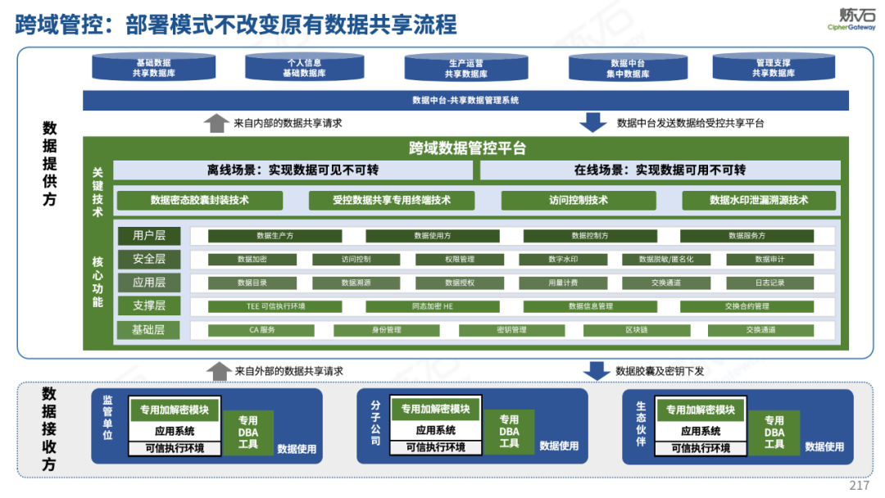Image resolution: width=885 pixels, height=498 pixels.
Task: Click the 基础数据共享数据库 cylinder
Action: tap(153, 68)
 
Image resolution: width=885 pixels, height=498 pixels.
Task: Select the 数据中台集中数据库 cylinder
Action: tap(630, 68)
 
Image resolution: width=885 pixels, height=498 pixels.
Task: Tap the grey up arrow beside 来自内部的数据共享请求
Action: tap(216, 123)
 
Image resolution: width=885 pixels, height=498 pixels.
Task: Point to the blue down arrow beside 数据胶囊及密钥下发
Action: tap(593, 371)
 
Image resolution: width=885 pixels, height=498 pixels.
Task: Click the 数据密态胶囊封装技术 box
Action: tap(199, 200)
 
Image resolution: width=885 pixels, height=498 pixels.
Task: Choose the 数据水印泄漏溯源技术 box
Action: tap(759, 200)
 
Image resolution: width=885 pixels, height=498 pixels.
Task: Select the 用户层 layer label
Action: tap(149, 236)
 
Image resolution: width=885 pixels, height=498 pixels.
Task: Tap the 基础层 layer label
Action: tap(149, 330)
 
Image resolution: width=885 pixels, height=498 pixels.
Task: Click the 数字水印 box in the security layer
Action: tap(563, 260)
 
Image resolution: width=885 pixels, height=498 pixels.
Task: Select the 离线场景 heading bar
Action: tap(293, 170)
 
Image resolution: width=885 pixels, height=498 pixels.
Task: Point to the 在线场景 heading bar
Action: tap(660, 170)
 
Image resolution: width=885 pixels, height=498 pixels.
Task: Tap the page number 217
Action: tap(859, 486)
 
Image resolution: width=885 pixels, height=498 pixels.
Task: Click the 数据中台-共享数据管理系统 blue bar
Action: tap(465, 100)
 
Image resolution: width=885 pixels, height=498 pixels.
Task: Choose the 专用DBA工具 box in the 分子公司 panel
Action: tap(509, 432)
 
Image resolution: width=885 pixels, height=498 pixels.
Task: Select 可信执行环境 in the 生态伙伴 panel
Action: tap(701, 448)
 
